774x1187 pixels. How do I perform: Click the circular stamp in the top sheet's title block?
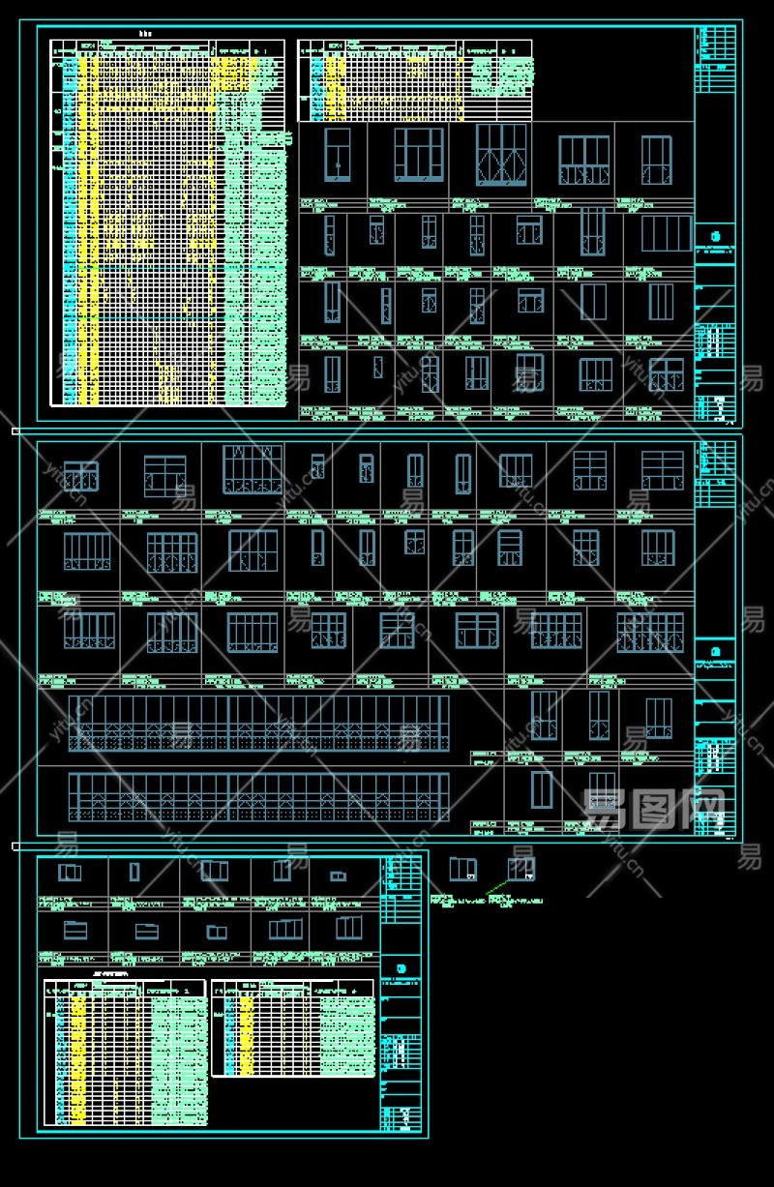point(716,235)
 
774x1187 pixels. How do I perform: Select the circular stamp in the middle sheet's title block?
point(715,650)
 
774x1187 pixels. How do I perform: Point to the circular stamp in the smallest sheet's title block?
point(402,967)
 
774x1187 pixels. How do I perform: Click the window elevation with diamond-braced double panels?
point(501,155)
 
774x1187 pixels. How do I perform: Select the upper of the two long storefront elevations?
point(258,723)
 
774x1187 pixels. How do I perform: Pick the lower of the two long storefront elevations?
point(258,798)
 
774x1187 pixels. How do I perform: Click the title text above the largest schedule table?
point(145,34)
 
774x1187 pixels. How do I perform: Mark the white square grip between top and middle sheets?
point(15,430)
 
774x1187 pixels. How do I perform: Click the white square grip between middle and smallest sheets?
point(15,846)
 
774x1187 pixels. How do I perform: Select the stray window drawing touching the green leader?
point(521,870)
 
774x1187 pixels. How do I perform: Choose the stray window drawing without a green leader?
point(462,870)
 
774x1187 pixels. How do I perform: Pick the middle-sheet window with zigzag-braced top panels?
point(253,469)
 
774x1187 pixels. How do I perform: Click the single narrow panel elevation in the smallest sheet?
point(134,872)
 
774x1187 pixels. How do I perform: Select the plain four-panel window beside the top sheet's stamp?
point(668,233)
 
